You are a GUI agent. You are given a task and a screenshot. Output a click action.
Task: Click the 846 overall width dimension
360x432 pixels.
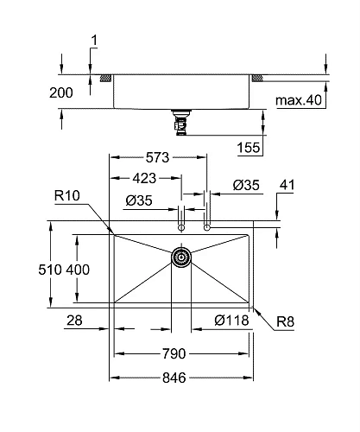click(x=180, y=377)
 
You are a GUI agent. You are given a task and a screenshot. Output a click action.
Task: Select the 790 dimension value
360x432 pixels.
click(x=181, y=353)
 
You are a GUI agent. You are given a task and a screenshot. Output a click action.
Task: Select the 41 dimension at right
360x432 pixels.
click(x=287, y=184)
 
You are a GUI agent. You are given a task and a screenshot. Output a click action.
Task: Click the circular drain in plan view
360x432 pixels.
click(x=181, y=257)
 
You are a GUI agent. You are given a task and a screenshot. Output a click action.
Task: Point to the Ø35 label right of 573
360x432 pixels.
click(x=246, y=184)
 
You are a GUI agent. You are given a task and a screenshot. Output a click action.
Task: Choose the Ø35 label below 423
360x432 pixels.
click(x=140, y=201)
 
